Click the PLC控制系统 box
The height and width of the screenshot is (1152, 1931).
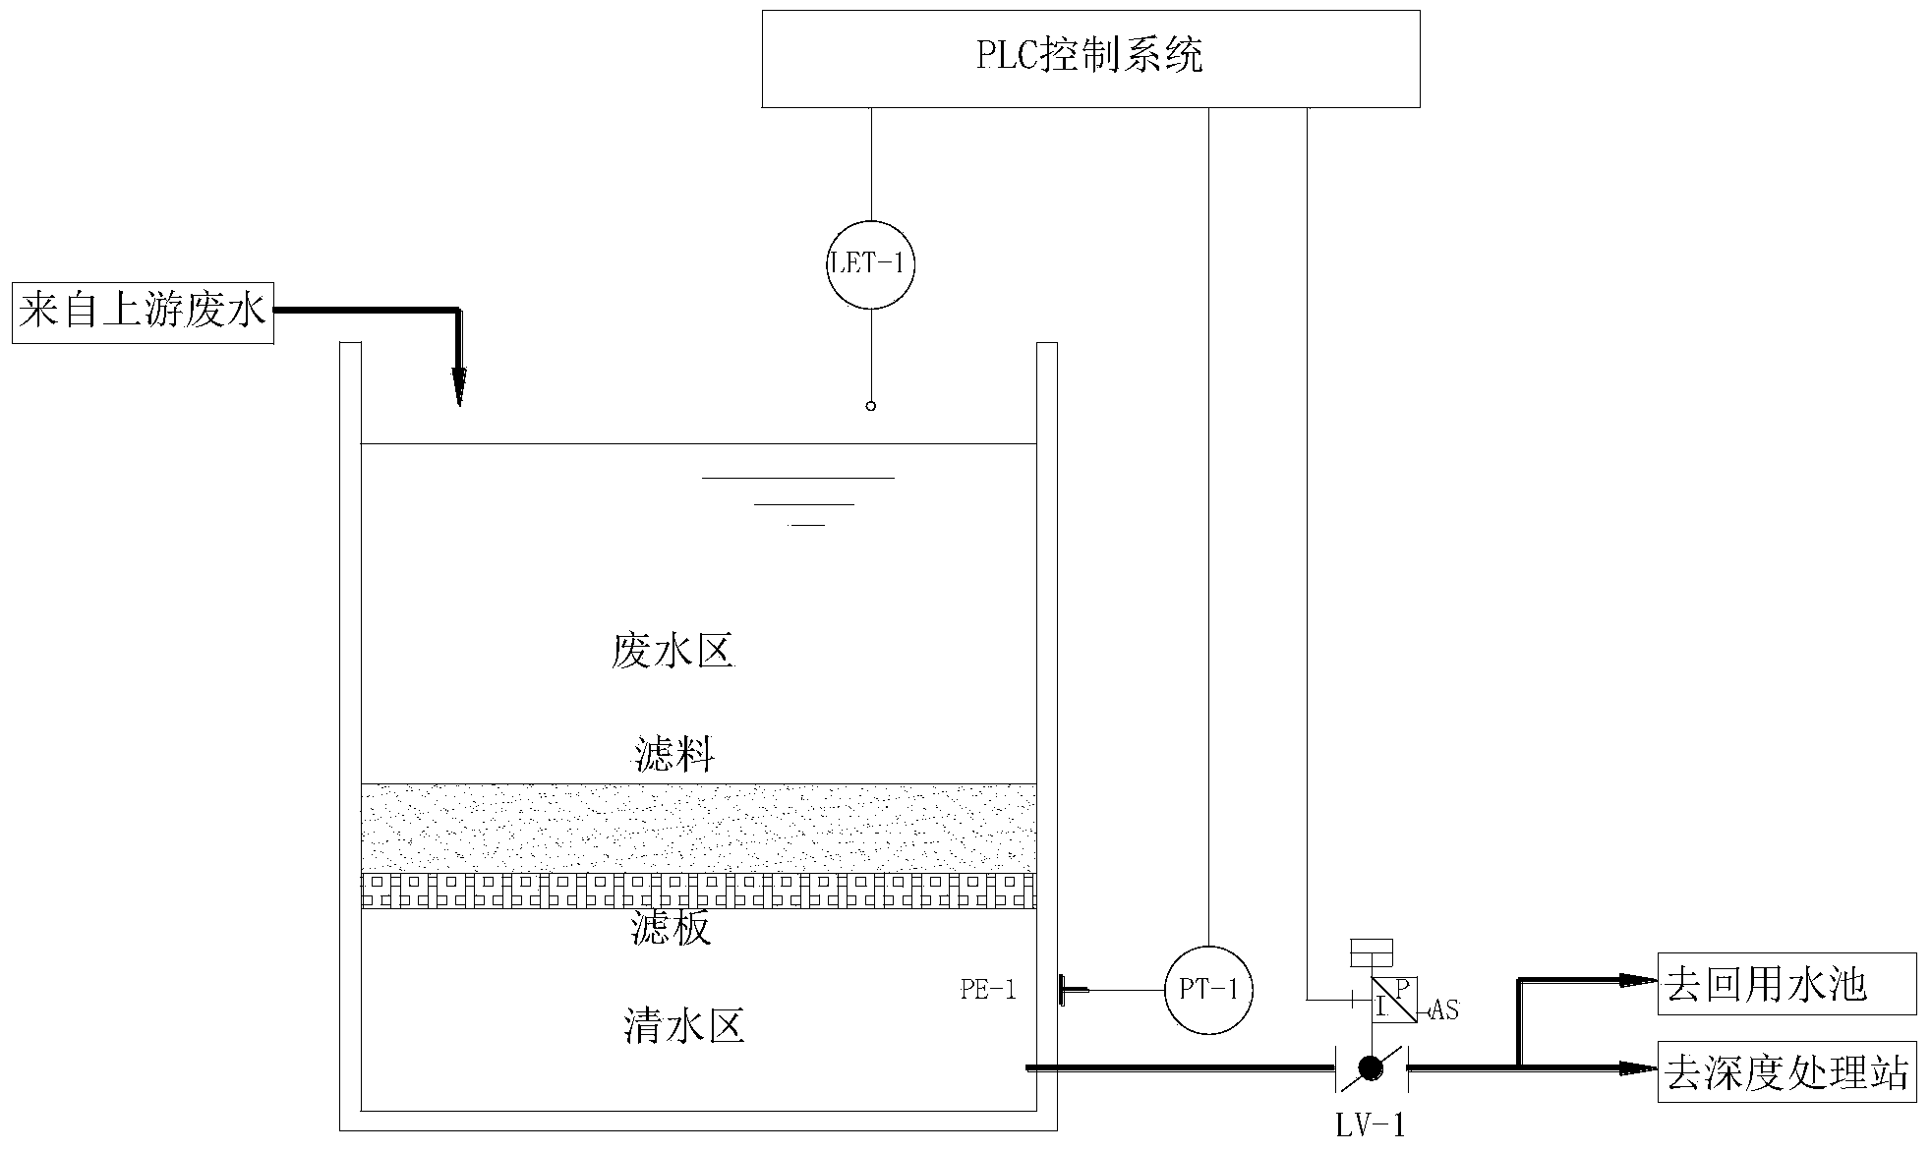[x=1090, y=58]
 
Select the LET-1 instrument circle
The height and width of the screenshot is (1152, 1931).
[x=871, y=263]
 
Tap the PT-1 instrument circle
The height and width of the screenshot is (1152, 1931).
[x=1208, y=989]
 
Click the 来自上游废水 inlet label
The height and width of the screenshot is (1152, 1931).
[x=143, y=314]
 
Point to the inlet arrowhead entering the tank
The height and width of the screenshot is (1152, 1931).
[x=459, y=389]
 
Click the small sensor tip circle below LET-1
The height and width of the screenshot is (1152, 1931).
[x=870, y=405]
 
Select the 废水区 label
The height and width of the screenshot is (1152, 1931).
[x=673, y=651]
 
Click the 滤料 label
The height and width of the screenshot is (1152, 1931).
[x=674, y=755]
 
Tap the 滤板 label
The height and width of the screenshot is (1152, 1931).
[x=671, y=928]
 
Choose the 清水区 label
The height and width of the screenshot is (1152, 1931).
[x=683, y=1026]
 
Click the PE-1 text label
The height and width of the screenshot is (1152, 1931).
[x=988, y=990]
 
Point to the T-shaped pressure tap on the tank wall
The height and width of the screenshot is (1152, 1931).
[x=1064, y=990]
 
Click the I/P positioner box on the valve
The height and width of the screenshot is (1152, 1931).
[x=1394, y=1000]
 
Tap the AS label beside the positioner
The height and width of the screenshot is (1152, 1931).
[x=1443, y=1009]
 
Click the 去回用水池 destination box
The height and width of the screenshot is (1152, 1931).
[x=1786, y=984]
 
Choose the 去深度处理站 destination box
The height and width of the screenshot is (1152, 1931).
[x=1786, y=1071]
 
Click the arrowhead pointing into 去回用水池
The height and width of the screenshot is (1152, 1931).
[x=1637, y=979]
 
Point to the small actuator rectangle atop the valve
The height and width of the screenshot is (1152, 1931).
[x=1372, y=951]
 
